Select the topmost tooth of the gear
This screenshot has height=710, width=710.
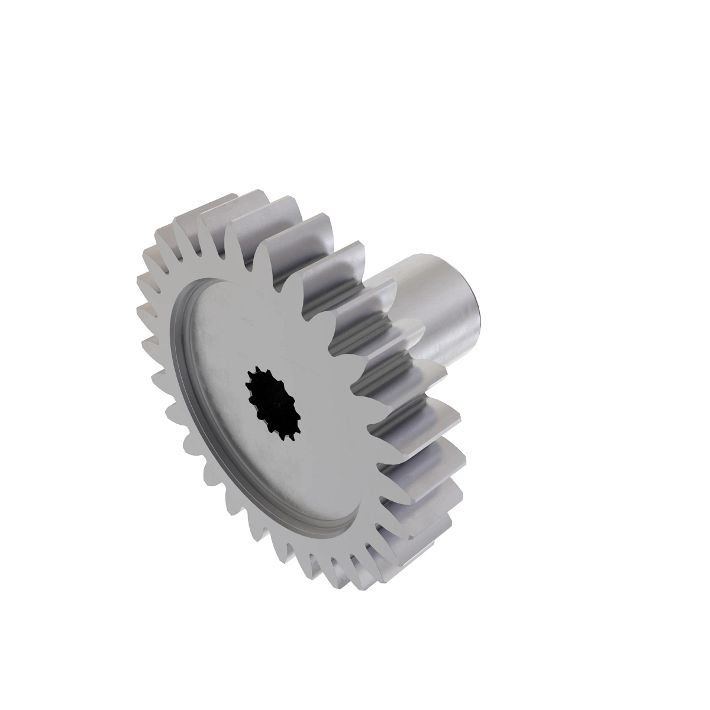[254, 198]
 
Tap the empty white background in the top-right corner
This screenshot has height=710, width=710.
[651, 59]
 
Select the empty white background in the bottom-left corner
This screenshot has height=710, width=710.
[59, 651]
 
